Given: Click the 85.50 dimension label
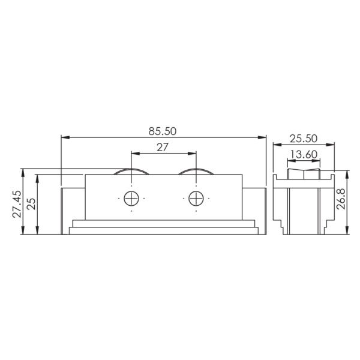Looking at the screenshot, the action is click(x=163, y=131).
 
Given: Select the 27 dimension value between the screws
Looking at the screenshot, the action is click(x=163, y=148).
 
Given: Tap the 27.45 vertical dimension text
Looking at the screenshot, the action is click(x=17, y=204).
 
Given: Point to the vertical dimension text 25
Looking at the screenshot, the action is click(x=31, y=204).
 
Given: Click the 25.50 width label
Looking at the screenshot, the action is click(x=304, y=139).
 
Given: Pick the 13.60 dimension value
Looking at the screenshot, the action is click(x=304, y=155).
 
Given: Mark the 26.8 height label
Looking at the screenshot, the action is click(x=341, y=199).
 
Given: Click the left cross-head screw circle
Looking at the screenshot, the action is click(x=131, y=199).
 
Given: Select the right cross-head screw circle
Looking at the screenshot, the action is click(x=196, y=199).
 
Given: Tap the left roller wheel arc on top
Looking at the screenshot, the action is click(x=131, y=169).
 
